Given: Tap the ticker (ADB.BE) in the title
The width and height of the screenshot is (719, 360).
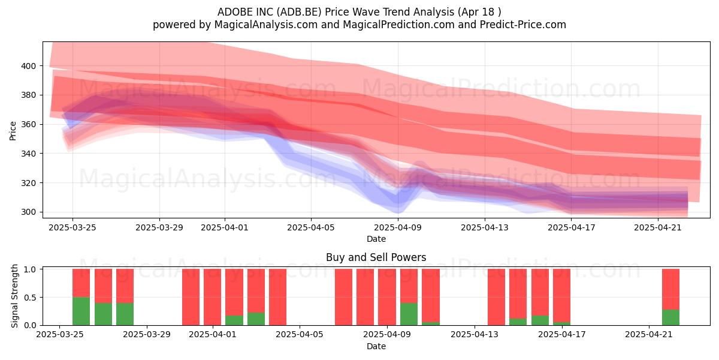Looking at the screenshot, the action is point(300,12).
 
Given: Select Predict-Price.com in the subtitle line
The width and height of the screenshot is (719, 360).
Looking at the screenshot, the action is point(523,25).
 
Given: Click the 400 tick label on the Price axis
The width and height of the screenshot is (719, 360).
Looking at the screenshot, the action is point(28,66).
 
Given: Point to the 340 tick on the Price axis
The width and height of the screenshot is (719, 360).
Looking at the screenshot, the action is point(28,154).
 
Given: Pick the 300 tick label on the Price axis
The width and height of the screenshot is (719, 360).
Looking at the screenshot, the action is point(28,212).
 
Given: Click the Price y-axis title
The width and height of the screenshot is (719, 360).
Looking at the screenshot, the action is point(13,131).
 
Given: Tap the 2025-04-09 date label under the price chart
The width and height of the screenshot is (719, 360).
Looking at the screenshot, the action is point(398,227).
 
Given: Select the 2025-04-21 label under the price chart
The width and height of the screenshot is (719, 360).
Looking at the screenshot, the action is point(658,227).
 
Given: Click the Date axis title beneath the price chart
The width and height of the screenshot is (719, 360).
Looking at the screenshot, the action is point(376,239).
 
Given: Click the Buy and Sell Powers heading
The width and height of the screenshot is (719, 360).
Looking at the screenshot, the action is point(376,257).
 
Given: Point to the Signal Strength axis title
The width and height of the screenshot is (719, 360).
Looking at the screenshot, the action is point(14,296).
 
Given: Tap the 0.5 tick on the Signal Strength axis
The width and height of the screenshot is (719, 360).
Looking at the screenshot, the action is point(30,298).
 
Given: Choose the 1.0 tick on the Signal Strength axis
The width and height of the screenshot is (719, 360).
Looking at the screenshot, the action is point(30,269).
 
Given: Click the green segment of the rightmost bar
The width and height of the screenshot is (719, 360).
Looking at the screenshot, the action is point(671,317).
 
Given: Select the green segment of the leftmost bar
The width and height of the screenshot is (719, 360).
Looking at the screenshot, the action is point(81,311).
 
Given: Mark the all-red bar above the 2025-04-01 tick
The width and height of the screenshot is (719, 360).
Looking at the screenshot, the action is point(213,297).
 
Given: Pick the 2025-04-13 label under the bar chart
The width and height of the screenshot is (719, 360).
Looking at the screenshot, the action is point(475,334).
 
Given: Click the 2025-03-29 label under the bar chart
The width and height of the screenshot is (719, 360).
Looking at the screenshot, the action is point(147,334).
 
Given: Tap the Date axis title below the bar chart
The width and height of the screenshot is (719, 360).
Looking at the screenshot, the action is point(376,346).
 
